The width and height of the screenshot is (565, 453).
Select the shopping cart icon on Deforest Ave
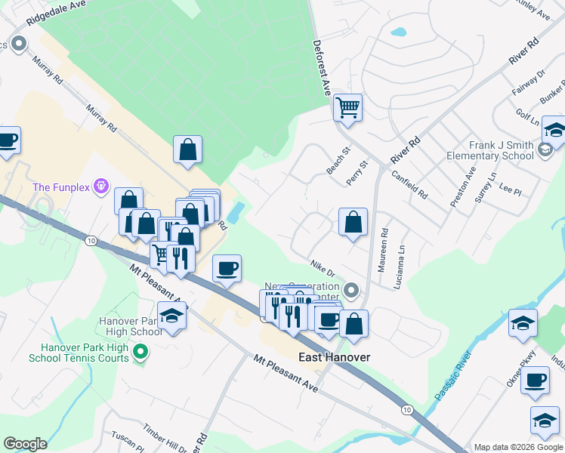(347, 107)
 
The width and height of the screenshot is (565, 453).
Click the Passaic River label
(453, 375)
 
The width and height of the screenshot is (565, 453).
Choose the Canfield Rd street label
(410, 184)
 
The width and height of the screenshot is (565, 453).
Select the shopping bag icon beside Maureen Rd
(353, 223)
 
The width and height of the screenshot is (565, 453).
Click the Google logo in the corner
(25, 444)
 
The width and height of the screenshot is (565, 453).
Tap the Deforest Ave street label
(322, 67)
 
